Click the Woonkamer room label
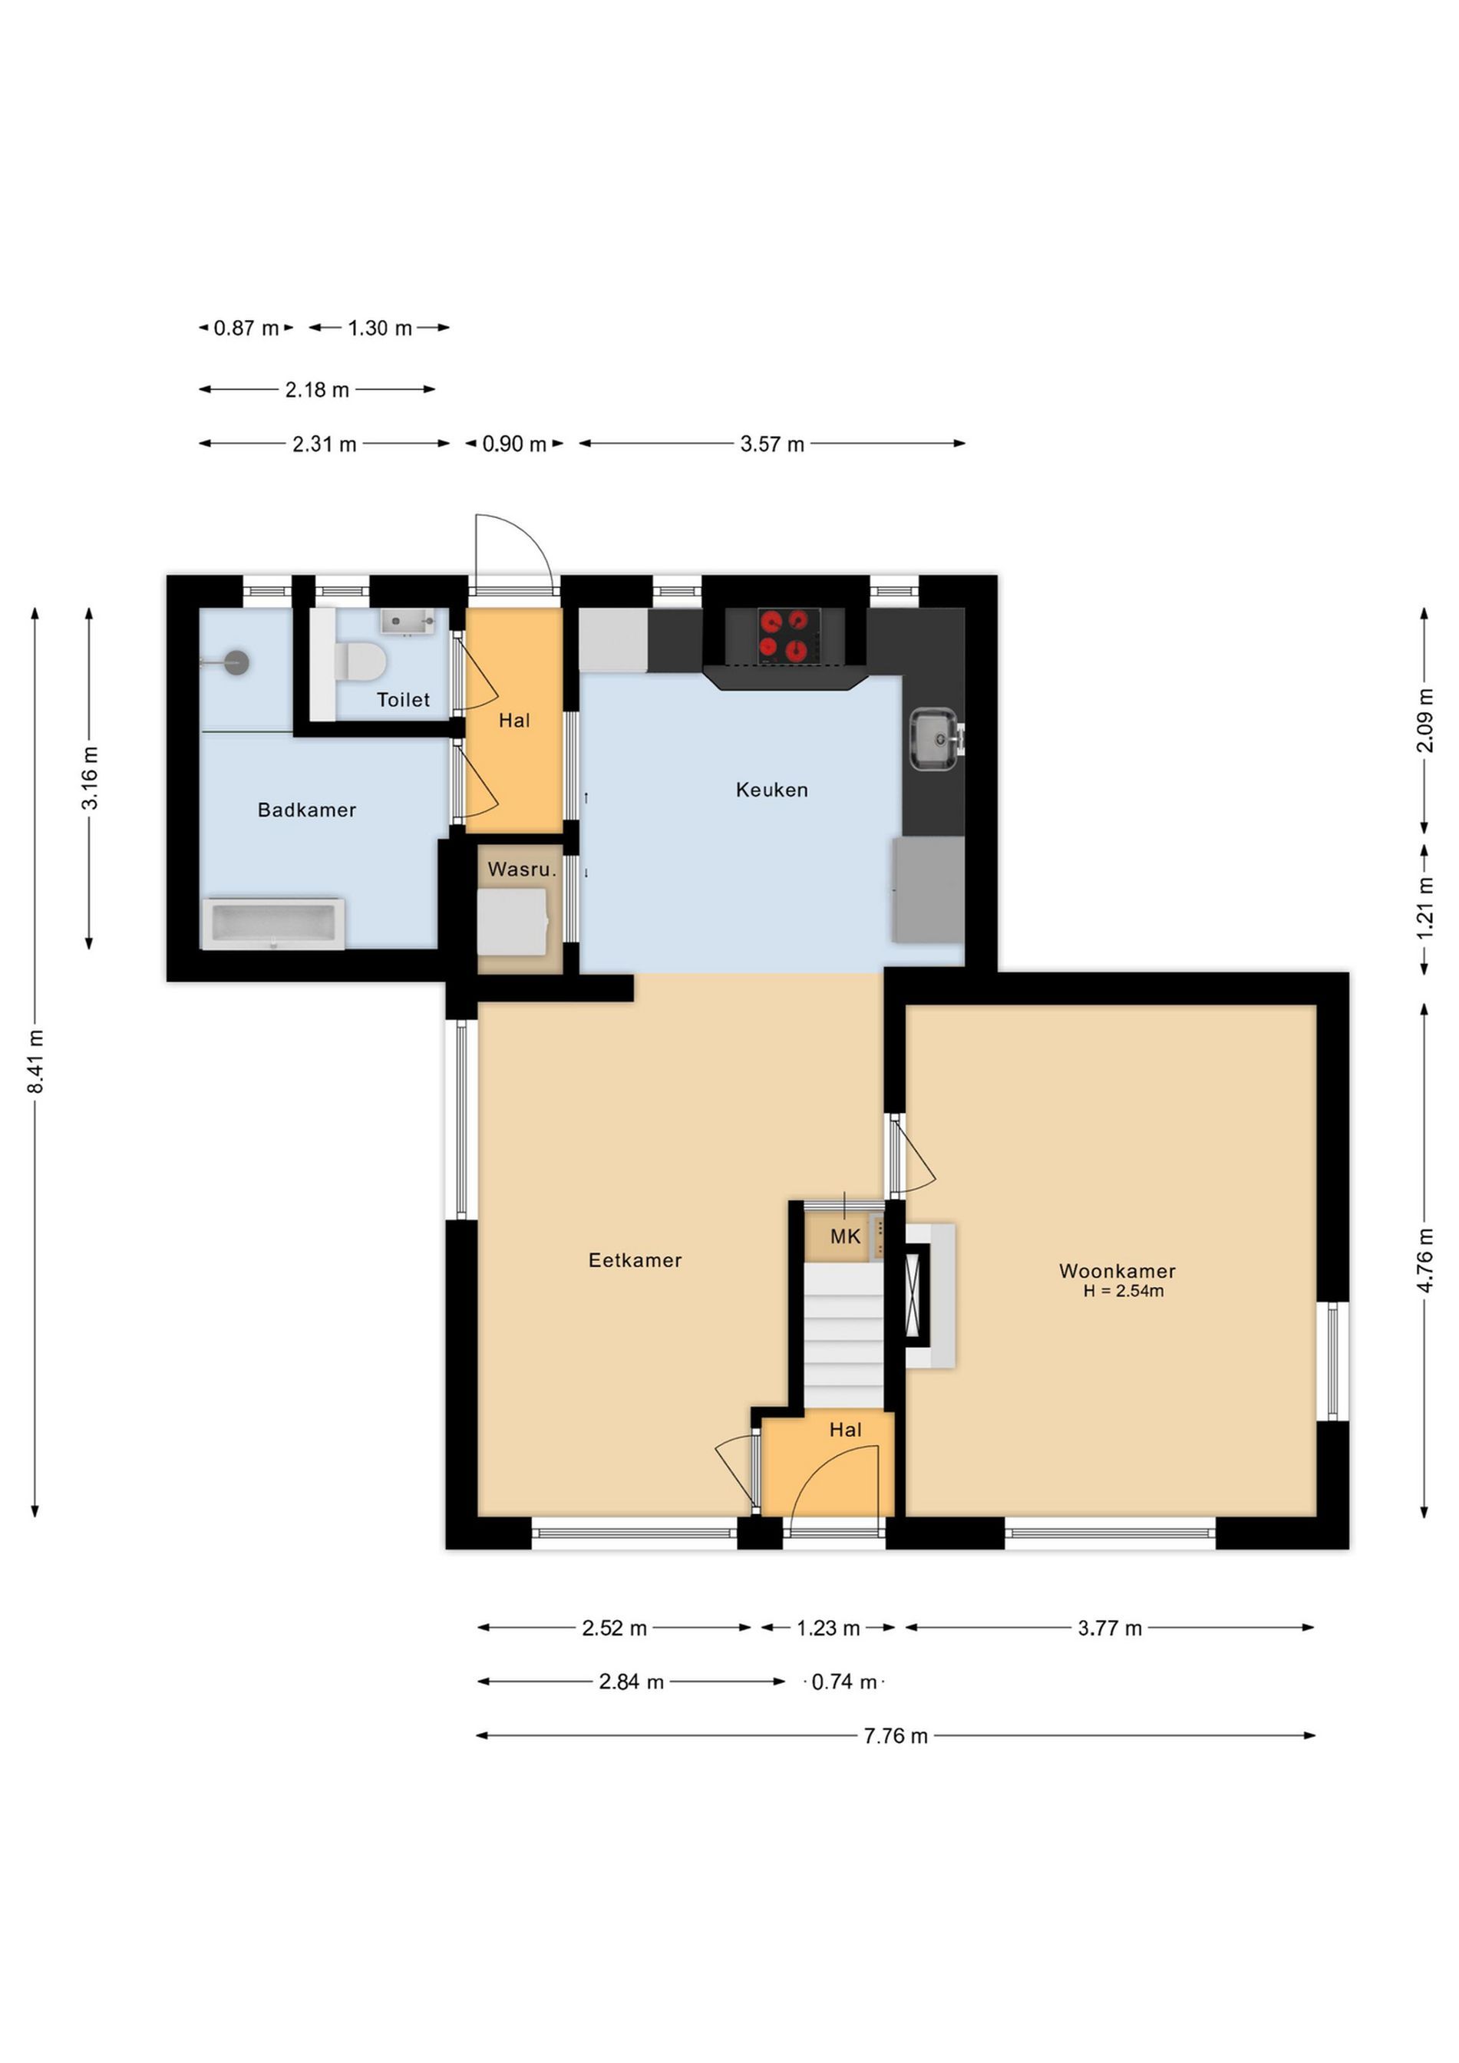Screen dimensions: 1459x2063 pos(1117,1270)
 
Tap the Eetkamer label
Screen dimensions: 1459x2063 pos(635,1259)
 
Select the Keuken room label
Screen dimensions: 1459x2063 pos(772,790)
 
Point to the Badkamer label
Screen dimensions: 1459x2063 pos(307,810)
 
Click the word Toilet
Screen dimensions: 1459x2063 pos(404,699)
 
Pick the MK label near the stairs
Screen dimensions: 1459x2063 pos(846,1236)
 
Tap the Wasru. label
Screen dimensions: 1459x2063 pos(522,869)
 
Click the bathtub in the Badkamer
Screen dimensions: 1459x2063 pos(273,923)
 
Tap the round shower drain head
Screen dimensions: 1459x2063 pos(236,662)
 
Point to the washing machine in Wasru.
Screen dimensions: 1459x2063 pos(512,922)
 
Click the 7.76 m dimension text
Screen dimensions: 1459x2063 pos(896,1736)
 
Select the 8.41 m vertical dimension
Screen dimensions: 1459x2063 pos(36,1062)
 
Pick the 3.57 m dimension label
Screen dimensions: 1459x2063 pos(772,444)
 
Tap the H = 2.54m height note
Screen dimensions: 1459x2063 pos(1123,1291)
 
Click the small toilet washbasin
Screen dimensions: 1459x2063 pos(408,621)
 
